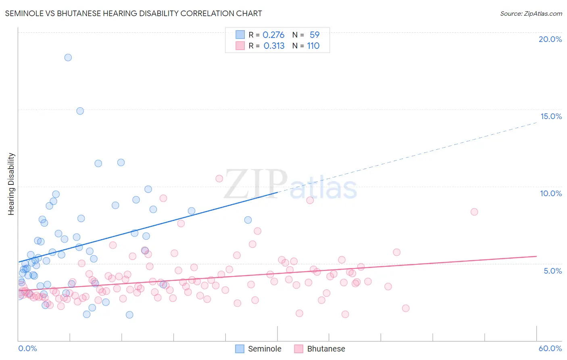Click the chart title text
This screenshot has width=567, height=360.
click(x=133, y=14)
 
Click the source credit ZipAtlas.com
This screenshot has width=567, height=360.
click(x=531, y=14)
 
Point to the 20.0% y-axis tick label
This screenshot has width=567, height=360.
click(x=550, y=39)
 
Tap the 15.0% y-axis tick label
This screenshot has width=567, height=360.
click(x=551, y=116)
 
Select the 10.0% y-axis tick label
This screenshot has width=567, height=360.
click(x=551, y=193)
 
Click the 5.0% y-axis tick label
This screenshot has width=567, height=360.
click(x=552, y=271)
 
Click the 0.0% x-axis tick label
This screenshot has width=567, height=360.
click(x=27, y=348)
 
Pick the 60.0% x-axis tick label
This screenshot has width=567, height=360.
click(x=550, y=348)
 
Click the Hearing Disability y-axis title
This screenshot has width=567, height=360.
click(x=11, y=184)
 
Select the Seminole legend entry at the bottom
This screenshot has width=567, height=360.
click(x=264, y=349)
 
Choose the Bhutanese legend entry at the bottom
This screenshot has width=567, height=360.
click(x=326, y=349)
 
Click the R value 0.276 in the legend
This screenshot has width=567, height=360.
click(x=273, y=35)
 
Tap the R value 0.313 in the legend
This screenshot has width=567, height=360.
click(x=274, y=46)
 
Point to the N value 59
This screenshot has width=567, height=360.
click(x=315, y=35)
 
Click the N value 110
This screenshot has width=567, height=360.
click(x=313, y=46)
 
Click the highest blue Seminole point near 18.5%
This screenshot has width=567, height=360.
click(x=68, y=58)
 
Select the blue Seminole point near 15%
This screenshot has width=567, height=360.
click(x=80, y=111)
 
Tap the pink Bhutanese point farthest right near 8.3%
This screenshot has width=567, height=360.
click(x=474, y=212)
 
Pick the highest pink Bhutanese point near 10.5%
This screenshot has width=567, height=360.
click(x=219, y=178)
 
